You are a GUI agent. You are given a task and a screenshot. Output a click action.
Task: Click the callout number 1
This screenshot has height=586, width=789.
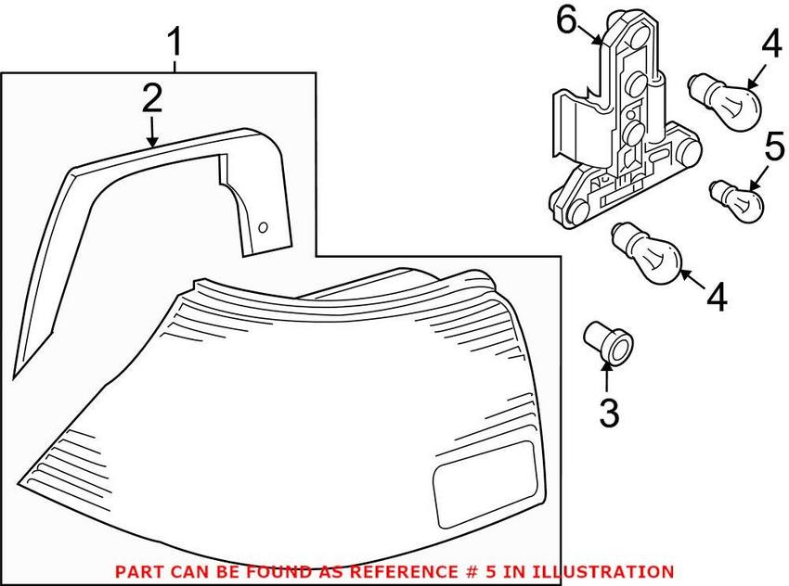tap(175, 43)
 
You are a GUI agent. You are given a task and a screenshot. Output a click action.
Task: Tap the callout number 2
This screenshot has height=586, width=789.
tap(152, 98)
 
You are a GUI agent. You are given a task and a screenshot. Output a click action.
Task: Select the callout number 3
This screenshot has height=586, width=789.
tap(609, 413)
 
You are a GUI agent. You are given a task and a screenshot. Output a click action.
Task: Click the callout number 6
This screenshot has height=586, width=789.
tap(566, 21)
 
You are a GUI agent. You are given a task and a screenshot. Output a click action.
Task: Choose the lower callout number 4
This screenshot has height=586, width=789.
tap(717, 297)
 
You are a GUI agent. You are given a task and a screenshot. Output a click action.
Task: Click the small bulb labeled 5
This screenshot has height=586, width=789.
tap(737, 199)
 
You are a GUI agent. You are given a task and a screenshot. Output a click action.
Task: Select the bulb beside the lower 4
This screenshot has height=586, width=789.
tap(646, 253)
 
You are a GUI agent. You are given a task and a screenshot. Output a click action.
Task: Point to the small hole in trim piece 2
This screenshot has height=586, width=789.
tap(263, 228)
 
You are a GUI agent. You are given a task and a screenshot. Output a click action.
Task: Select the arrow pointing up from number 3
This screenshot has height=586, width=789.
tap(607, 376)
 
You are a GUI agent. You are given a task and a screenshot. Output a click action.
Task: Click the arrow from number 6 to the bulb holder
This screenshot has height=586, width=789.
tap(589, 34)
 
